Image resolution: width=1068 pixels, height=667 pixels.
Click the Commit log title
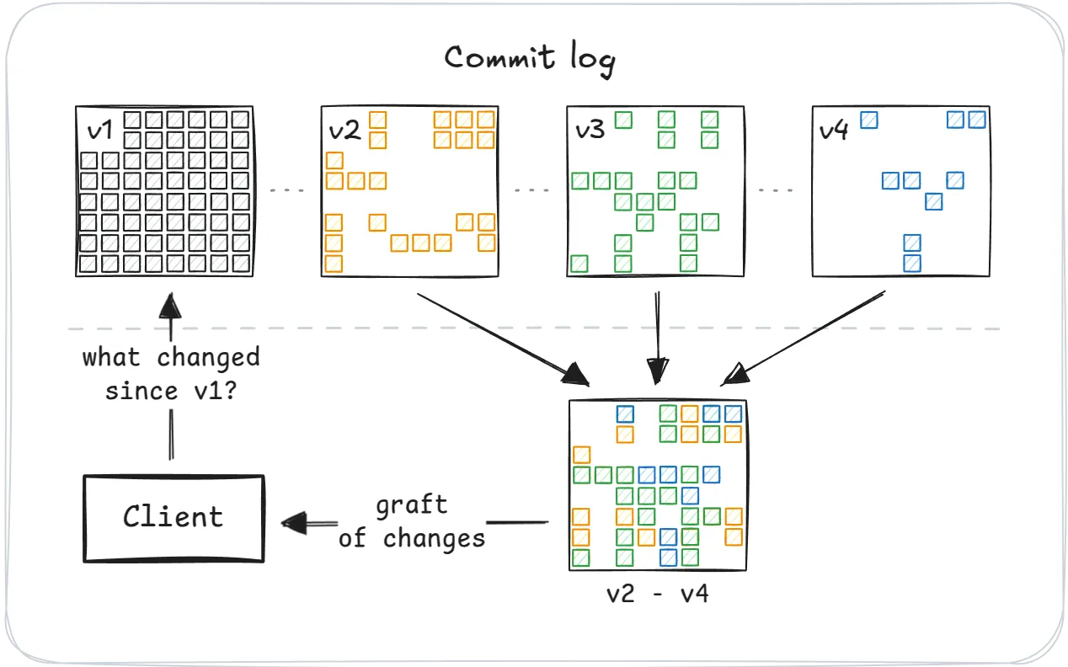[530, 59]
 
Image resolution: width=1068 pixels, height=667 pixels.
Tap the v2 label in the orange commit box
[344, 131]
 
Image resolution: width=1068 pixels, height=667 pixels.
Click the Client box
[174, 517]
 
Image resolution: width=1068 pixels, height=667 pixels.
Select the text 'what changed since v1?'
[171, 374]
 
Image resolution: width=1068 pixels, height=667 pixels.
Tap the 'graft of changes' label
[412, 522]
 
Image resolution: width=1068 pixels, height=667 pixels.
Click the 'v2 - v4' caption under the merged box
[657, 594]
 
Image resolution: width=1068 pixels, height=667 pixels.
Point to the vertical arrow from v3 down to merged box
[657, 333]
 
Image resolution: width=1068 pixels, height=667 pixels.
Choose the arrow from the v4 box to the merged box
[809, 337]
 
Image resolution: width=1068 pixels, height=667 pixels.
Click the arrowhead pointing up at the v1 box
[170, 304]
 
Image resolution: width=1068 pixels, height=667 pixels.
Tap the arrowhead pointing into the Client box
[295, 523]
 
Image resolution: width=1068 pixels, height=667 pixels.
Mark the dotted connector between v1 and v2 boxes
[287, 190]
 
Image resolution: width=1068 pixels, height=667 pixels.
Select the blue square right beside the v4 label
[869, 120]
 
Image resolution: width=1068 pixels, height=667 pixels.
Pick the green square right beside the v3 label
[623, 120]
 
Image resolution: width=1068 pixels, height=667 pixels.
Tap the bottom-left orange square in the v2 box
[334, 264]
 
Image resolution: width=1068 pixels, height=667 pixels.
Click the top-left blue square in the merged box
[625, 414]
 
